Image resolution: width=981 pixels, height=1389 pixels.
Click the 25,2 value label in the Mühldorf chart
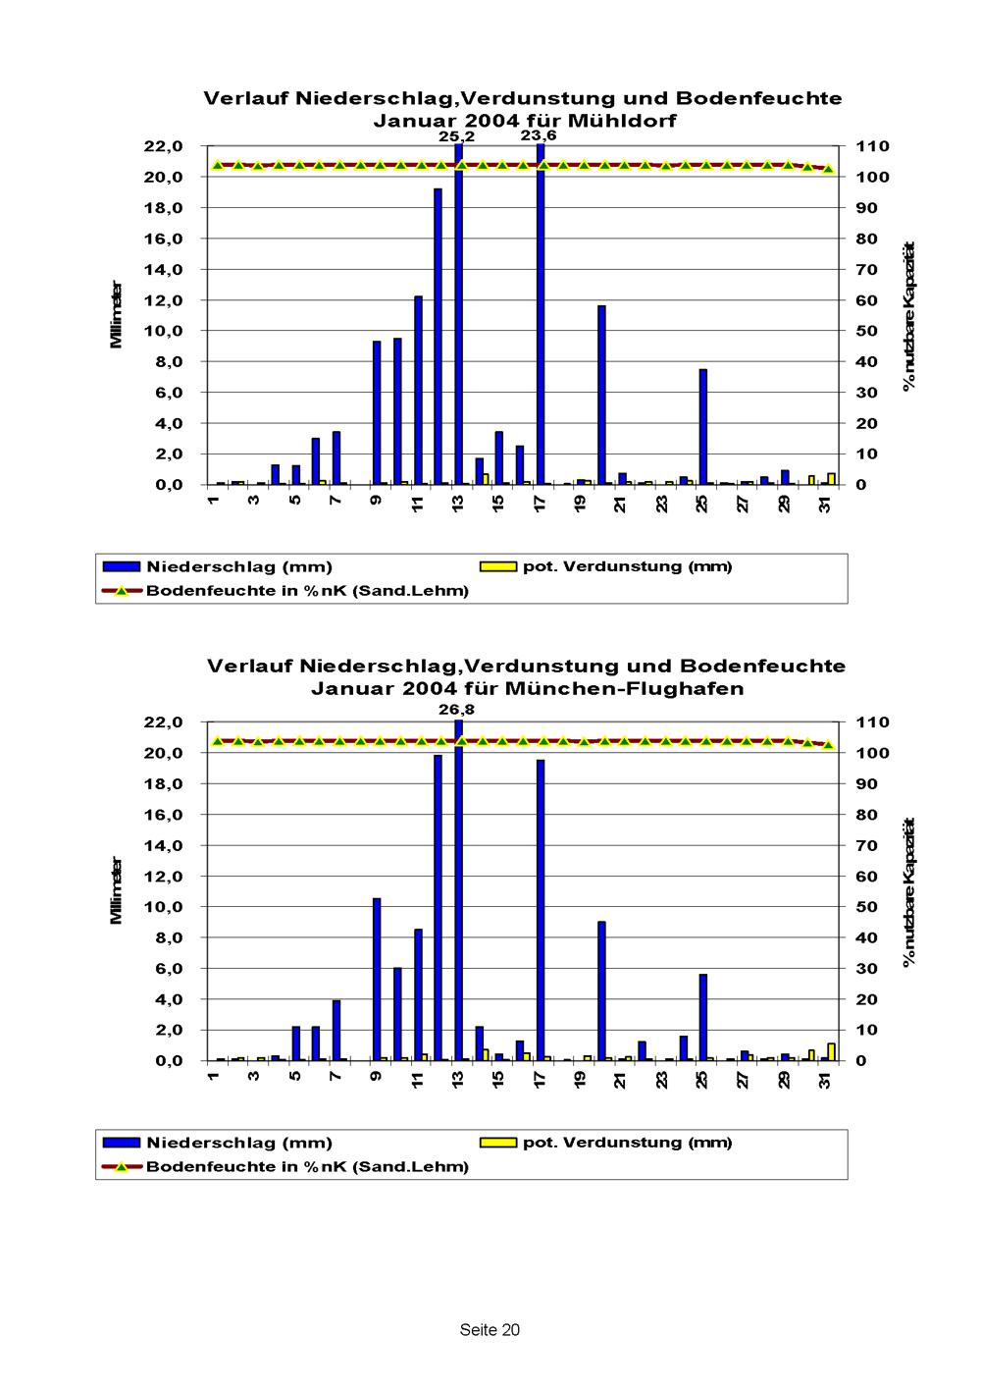tap(456, 137)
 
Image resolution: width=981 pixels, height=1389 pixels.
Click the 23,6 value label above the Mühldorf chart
tap(539, 136)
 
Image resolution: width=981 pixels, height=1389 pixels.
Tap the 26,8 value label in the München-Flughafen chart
tap(456, 709)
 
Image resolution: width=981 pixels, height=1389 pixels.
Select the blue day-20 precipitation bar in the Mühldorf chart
tap(601, 395)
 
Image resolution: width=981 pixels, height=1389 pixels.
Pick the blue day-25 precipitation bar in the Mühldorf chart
tap(703, 426)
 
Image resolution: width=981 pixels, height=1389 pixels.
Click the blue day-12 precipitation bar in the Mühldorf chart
tap(439, 336)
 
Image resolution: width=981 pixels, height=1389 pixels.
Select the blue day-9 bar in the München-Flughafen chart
tap(377, 979)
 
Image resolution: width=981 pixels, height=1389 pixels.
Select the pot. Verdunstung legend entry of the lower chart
tap(626, 1142)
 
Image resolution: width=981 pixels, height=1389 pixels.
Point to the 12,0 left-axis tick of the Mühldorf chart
tap(163, 300)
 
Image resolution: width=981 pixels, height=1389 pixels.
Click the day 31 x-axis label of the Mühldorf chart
tap(825, 505)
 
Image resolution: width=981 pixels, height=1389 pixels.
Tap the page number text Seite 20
tap(490, 1330)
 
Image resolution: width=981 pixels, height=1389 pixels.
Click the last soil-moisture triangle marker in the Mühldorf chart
tap(828, 169)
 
